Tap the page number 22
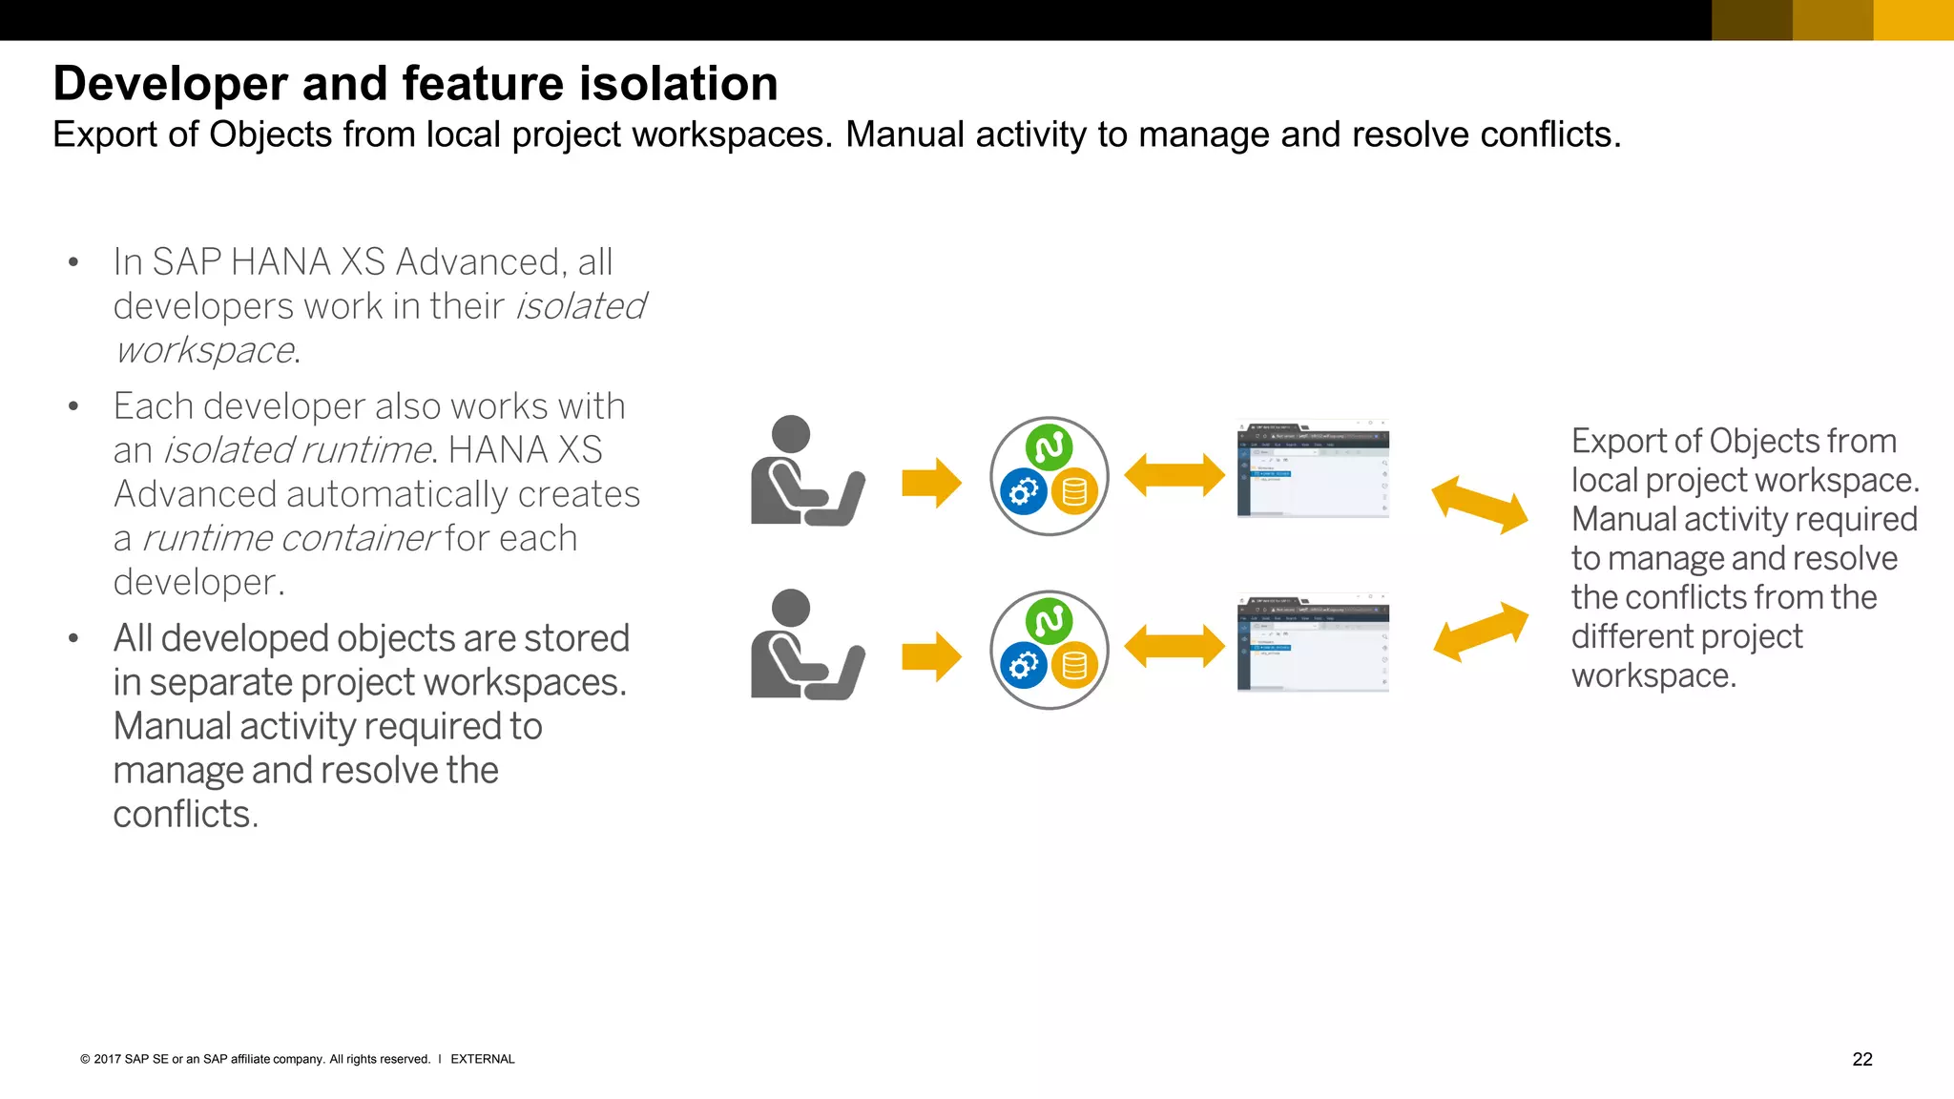click(x=1861, y=1059)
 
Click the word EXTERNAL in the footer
click(x=482, y=1059)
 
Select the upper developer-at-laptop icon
click(x=806, y=471)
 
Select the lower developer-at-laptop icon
click(x=806, y=646)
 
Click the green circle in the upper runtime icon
click(x=1050, y=446)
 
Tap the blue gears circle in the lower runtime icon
click(x=1024, y=666)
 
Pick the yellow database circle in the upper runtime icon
click(x=1074, y=491)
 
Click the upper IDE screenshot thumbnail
click(x=1313, y=468)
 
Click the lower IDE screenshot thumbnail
click(x=1313, y=643)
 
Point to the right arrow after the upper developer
click(x=931, y=483)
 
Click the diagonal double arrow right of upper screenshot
click(x=1480, y=505)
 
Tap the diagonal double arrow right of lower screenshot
click(x=1480, y=632)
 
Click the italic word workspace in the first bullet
click(x=204, y=351)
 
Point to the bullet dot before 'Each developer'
click(x=73, y=407)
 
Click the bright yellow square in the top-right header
click(x=1913, y=20)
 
